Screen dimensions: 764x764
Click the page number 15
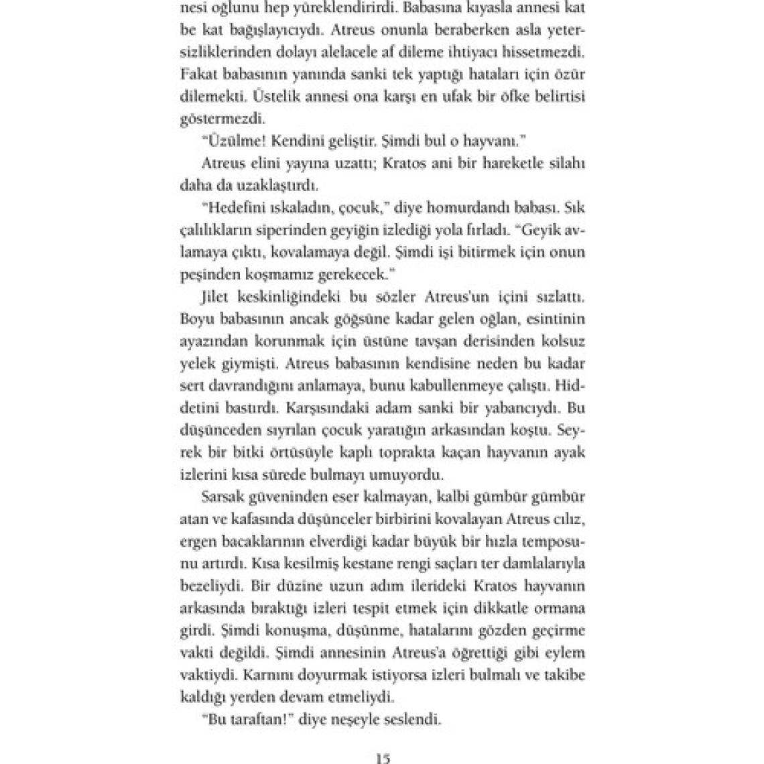click(x=383, y=759)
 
